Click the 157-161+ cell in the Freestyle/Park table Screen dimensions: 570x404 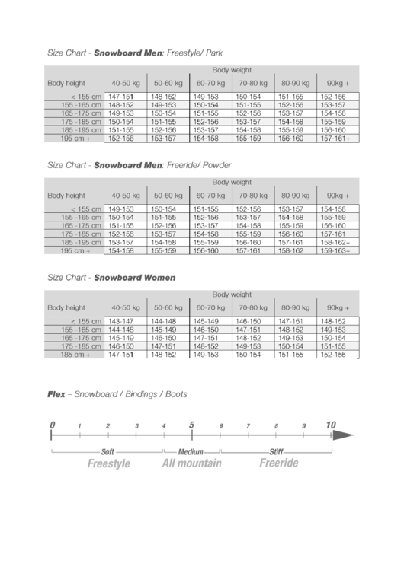[335, 139]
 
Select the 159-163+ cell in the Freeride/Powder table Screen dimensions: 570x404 [335, 250]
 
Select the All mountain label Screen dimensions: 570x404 [191, 463]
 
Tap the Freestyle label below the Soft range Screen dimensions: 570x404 [108, 463]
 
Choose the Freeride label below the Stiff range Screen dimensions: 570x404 [278, 463]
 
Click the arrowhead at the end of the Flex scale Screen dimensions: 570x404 [345, 435]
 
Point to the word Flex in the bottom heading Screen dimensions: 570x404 [56, 395]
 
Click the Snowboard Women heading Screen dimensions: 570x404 [134, 278]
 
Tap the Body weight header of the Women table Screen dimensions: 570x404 [232, 295]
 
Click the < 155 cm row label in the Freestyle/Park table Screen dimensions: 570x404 [85, 97]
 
